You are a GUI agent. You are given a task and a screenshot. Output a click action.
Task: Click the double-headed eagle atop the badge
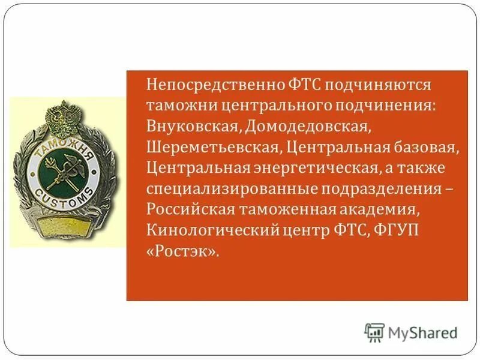click(x=59, y=115)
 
